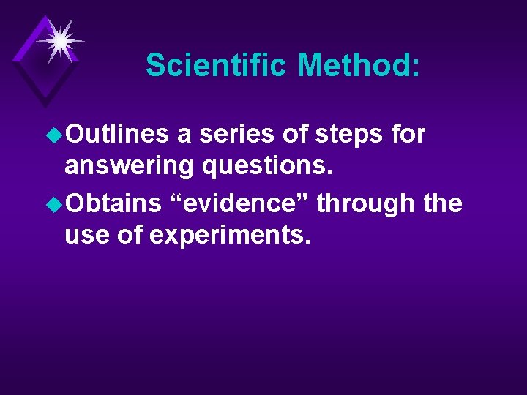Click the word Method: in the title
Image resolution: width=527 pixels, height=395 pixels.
[x=359, y=65]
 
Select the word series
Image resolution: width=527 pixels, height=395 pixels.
[x=233, y=135]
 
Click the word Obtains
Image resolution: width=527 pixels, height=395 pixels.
[x=113, y=203]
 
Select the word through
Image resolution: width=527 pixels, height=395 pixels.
[x=366, y=203]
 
